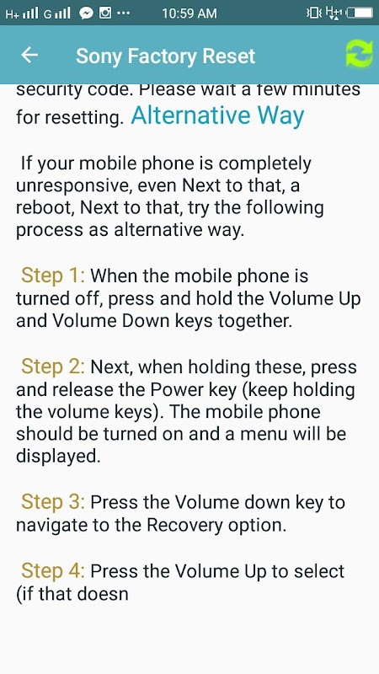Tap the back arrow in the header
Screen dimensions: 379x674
[x=29, y=55]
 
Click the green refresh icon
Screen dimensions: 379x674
[x=359, y=54]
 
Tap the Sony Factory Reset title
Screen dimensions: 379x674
[x=165, y=56]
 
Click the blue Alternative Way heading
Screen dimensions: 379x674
[x=217, y=115]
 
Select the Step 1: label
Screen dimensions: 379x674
[x=53, y=276]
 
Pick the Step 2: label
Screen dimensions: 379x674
[x=53, y=367]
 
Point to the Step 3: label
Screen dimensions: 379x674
[x=53, y=502]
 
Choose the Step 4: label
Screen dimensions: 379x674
[x=53, y=571]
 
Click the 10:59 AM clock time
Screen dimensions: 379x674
[x=189, y=13]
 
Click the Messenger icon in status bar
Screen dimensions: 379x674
[x=87, y=13]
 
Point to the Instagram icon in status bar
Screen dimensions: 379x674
[x=105, y=13]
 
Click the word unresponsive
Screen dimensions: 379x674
[x=76, y=185]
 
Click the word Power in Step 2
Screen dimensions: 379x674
[x=171, y=390]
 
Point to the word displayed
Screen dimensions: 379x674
[x=58, y=457]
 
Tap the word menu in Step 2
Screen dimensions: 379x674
[x=263, y=435]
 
